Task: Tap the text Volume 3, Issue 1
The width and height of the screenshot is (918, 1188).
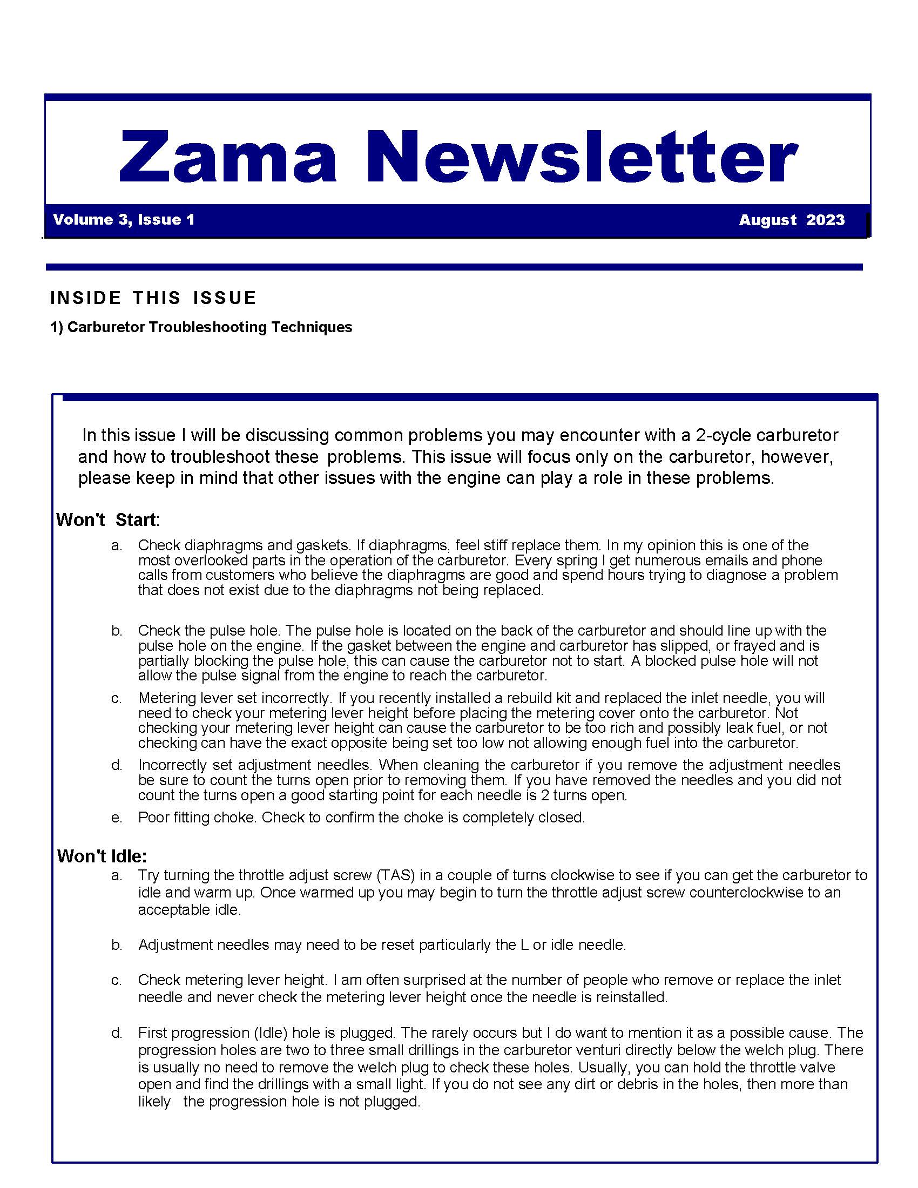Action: click(124, 220)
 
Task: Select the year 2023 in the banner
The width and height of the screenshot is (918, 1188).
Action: click(825, 220)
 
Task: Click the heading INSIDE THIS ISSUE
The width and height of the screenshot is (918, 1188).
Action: click(153, 298)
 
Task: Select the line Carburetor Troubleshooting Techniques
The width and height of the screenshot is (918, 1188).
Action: click(210, 327)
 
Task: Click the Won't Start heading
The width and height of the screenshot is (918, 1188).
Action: click(106, 519)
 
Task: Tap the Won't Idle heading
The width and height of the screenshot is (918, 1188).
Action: click(102, 856)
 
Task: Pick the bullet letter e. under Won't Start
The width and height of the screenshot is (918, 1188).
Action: click(117, 818)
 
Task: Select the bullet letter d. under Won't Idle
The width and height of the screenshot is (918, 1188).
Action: click(117, 1033)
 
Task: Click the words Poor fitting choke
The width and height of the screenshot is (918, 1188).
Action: click(198, 818)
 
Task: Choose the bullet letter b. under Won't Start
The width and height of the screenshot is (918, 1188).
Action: click(117, 630)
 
